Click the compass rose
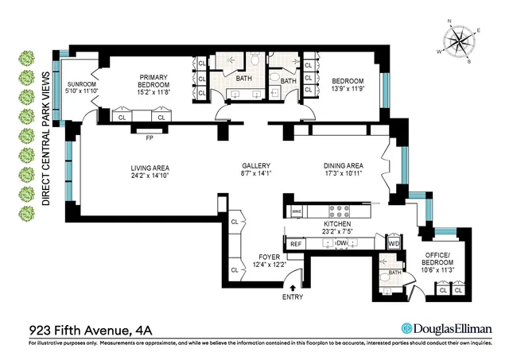point(457,42)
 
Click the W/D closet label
point(393,244)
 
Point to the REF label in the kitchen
point(296,244)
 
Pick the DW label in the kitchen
point(342,243)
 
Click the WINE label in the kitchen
point(297,211)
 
